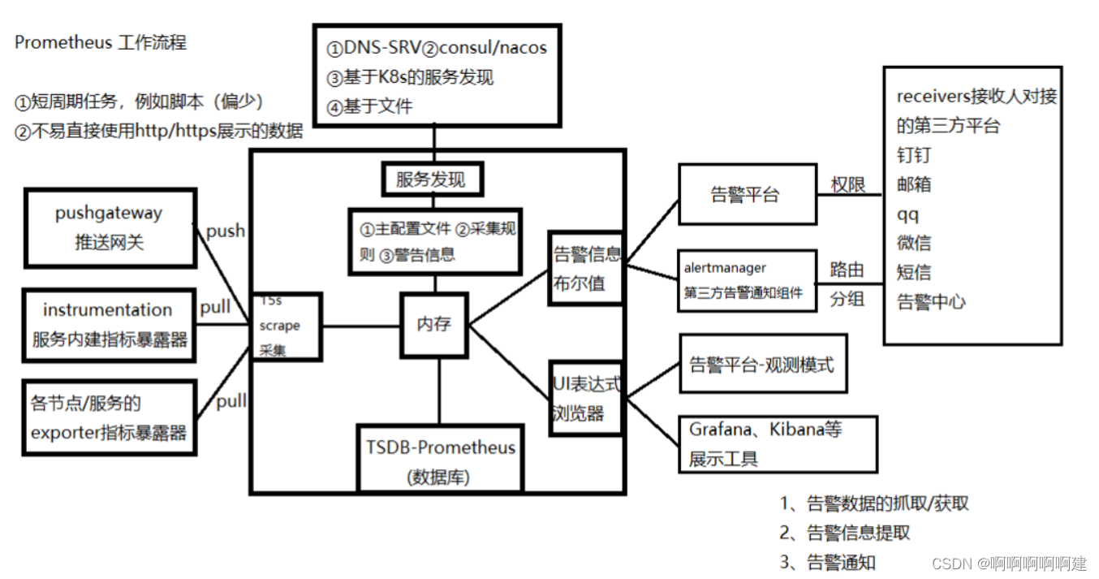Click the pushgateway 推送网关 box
click(x=109, y=228)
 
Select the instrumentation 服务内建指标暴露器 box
click(x=109, y=325)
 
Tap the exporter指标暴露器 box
click(x=109, y=418)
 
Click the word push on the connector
click(x=226, y=231)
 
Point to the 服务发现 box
click(x=431, y=179)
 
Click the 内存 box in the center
click(x=434, y=324)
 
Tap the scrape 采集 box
click(x=286, y=326)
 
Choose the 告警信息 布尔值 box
click(x=585, y=268)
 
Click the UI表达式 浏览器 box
click(x=585, y=398)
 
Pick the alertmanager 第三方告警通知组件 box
click(x=747, y=280)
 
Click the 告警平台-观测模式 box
click(x=762, y=365)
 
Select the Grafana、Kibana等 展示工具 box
click(x=777, y=443)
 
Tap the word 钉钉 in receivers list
click(x=914, y=155)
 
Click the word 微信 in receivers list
click(x=914, y=243)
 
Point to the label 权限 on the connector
click(x=848, y=186)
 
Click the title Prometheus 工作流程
click(x=101, y=43)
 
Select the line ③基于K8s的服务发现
click(x=410, y=77)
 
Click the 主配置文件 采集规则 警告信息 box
click(x=434, y=241)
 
